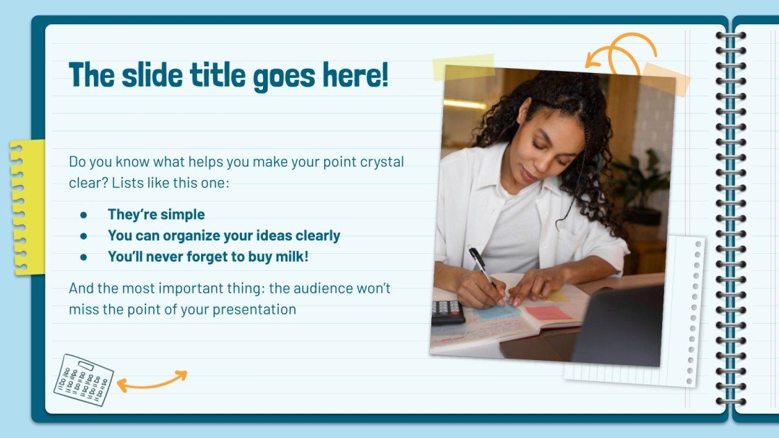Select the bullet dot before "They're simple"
click(83, 215)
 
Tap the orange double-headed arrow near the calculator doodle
click(152, 380)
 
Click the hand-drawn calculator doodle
click(83, 380)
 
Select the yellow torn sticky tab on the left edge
click(26, 206)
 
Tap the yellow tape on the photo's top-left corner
click(463, 67)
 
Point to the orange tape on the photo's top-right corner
click(665, 79)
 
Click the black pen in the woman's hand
click(481, 265)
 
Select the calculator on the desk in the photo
click(448, 312)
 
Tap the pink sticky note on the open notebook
click(547, 313)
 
